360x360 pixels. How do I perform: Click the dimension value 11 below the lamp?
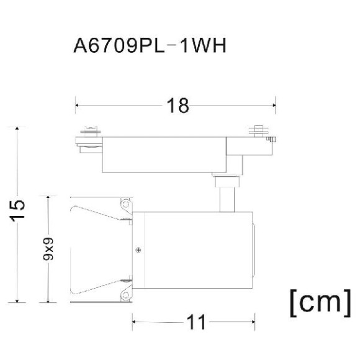(197, 322)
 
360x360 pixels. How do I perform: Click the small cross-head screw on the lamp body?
(137, 250)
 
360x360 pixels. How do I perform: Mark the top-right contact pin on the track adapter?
(259, 131)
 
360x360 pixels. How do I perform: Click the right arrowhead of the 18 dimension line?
(275, 106)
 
